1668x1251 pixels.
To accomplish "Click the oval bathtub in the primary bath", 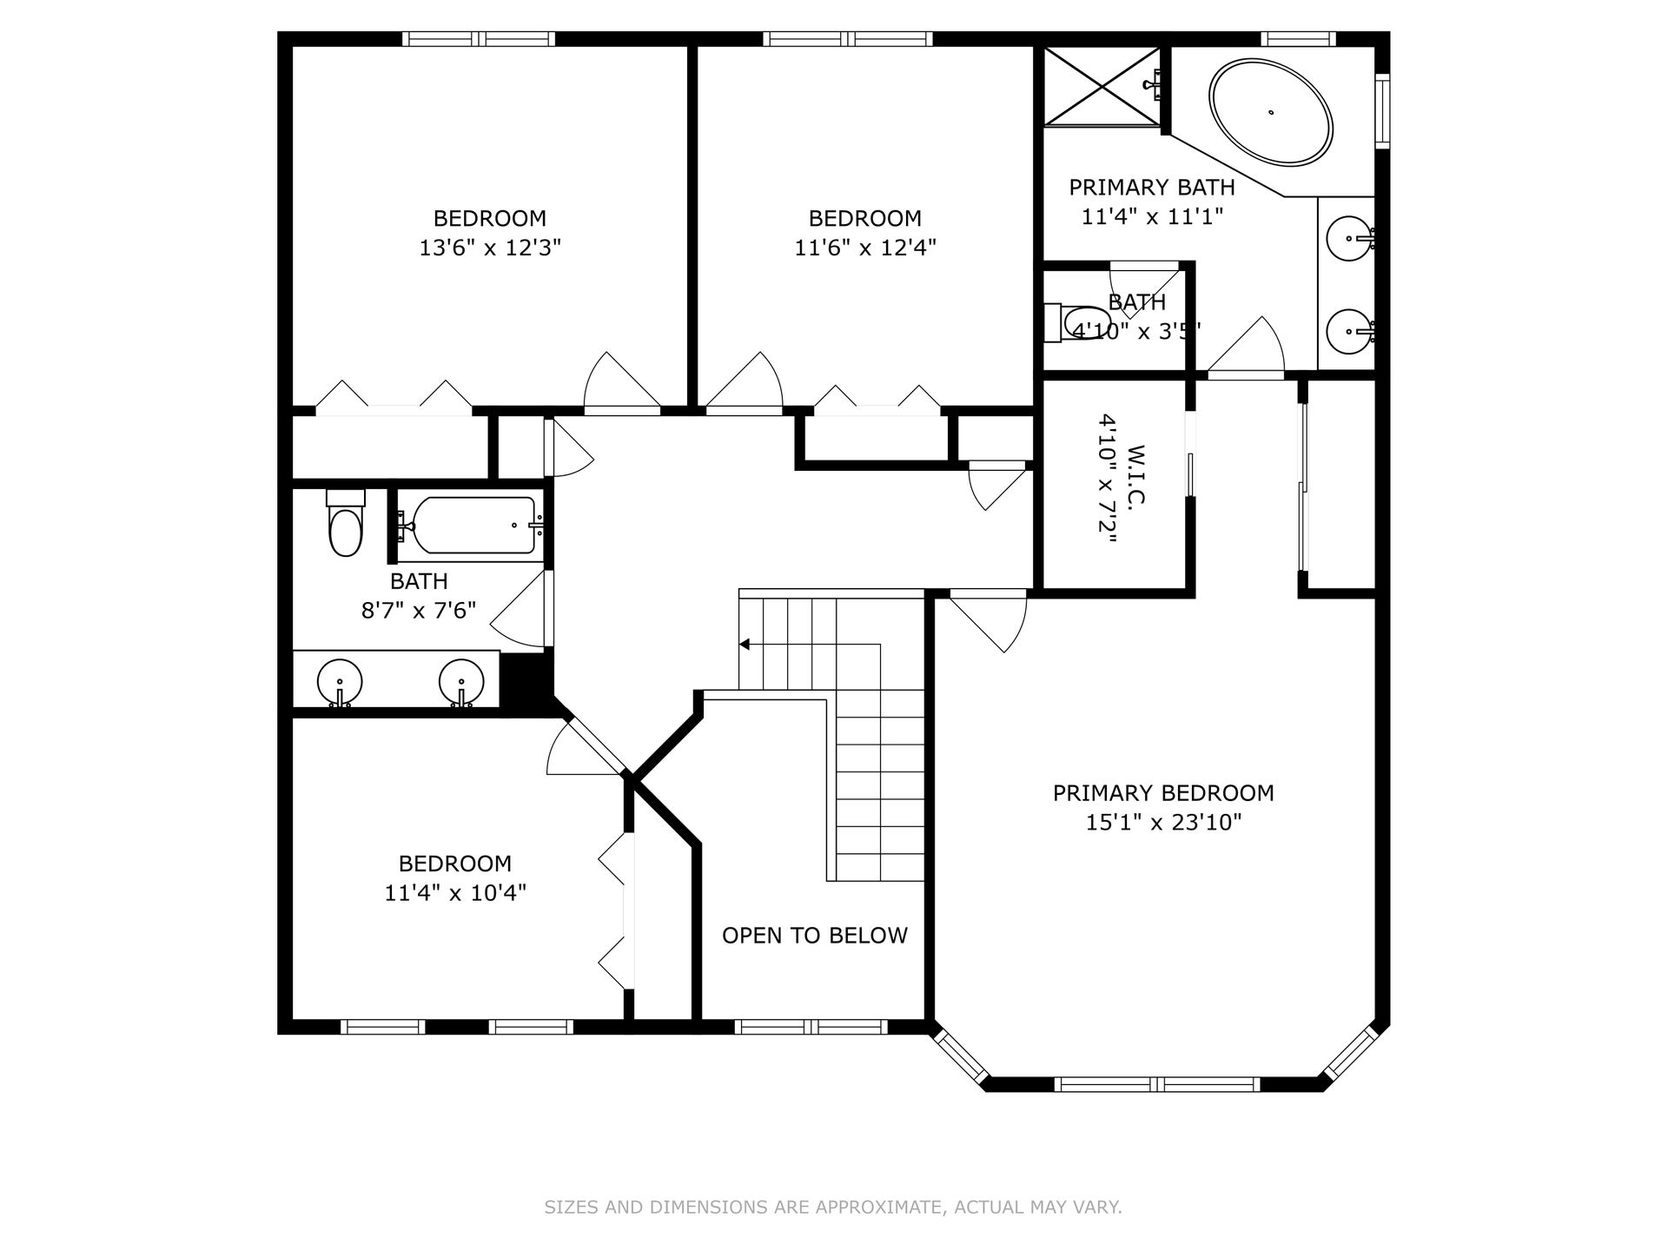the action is (x=1271, y=112).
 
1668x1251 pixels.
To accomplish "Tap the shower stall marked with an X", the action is (x=1102, y=86).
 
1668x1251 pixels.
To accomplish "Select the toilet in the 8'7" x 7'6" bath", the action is (x=345, y=523).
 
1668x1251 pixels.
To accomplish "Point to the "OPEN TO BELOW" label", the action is (x=815, y=936).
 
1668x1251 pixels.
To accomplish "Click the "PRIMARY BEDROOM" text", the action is (x=1163, y=793).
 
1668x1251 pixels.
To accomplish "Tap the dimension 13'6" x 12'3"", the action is (x=490, y=248).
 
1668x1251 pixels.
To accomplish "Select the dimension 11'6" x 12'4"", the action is (x=865, y=248).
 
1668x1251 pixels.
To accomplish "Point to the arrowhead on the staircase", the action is (x=745, y=645).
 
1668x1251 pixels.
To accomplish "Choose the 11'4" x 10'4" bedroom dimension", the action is (x=455, y=893).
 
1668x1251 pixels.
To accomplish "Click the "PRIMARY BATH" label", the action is (x=1152, y=188).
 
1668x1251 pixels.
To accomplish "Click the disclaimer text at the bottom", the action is (x=833, y=1208).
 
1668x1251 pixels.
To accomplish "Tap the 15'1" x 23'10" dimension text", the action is (x=1163, y=823).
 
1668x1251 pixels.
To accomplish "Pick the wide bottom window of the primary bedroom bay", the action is (x=1157, y=1084).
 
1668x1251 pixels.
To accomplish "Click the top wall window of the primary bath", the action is (x=1298, y=39).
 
